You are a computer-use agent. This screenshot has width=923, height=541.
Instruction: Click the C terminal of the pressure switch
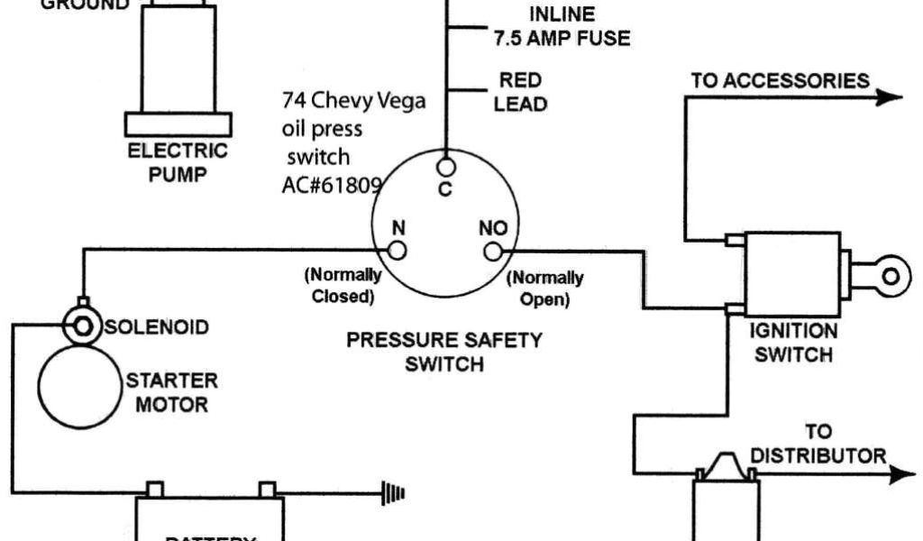pos(445,167)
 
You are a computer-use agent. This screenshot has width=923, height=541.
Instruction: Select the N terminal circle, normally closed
pos(398,251)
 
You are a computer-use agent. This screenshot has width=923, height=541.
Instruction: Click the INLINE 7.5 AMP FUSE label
pos(561,26)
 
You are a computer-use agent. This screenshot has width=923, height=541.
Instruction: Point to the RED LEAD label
pos(520,93)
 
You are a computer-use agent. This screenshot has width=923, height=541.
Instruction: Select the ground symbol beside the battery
pos(395,493)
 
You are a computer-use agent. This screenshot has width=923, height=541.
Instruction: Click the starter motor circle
pos(79,386)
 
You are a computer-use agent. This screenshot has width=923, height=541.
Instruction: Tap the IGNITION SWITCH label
pos(793,343)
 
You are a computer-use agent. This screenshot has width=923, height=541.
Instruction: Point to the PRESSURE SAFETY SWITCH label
pos(444,352)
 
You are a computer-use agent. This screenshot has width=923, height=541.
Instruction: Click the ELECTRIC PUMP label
pos(178,161)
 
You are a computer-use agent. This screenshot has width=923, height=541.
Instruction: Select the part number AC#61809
pos(332,184)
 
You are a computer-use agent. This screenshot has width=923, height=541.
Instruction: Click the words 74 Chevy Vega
pos(353,99)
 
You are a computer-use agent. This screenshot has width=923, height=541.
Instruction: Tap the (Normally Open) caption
pos(544,288)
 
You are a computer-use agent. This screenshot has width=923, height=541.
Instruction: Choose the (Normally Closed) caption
pos(343,284)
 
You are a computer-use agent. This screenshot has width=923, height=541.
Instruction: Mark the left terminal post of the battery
pos(155,490)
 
